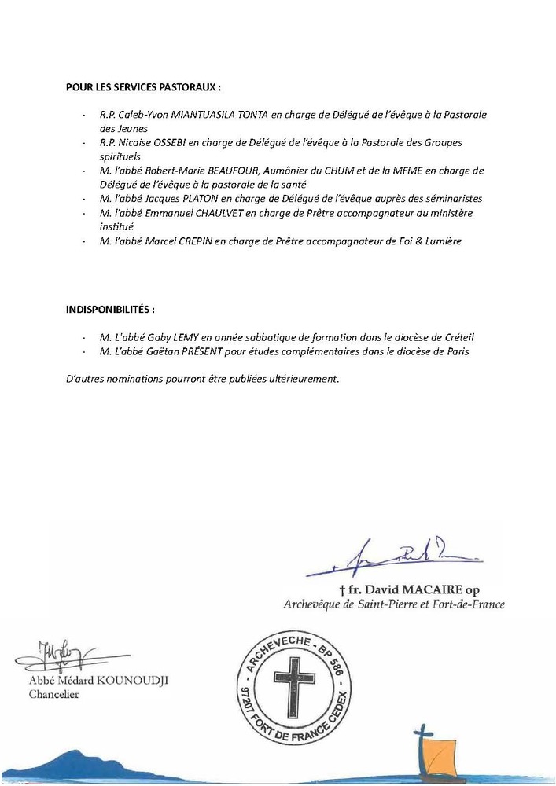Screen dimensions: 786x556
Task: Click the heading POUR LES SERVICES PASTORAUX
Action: pyautogui.click(x=142, y=86)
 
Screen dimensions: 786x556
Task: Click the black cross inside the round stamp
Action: pyautogui.click(x=295, y=685)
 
